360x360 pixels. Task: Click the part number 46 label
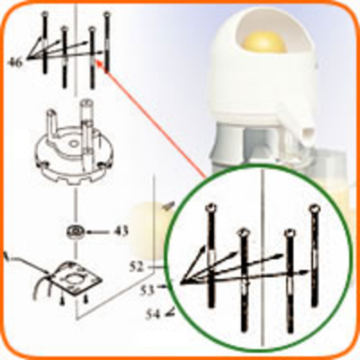click(x=15, y=63)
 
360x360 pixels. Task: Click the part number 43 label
click(x=120, y=232)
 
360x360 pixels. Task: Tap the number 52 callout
click(x=136, y=267)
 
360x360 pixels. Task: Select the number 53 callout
click(x=147, y=290)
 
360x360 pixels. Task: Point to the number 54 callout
click(x=153, y=314)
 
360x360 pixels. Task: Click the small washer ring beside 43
click(x=76, y=232)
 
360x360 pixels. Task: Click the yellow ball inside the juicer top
click(x=264, y=42)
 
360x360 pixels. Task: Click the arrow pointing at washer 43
click(x=99, y=232)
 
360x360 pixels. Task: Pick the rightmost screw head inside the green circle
click(x=315, y=209)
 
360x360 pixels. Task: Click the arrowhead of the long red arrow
click(x=98, y=62)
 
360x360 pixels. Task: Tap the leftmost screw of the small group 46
click(x=45, y=42)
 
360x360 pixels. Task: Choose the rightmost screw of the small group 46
click(x=107, y=42)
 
